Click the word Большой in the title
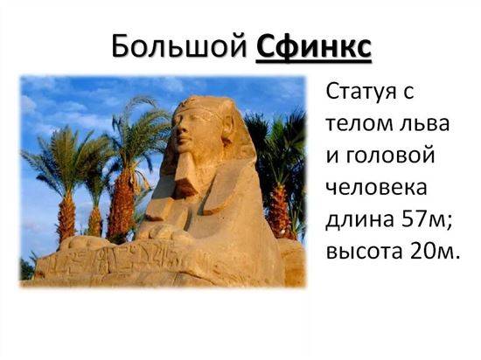178,46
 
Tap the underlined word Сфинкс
314,47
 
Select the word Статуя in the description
360,93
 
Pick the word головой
391,156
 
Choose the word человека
376,188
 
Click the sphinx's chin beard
185,175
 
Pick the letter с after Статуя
408,93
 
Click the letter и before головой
332,156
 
